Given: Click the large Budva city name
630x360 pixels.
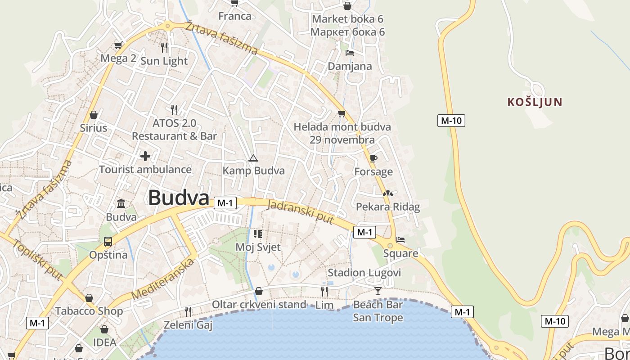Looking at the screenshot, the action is click(179, 198).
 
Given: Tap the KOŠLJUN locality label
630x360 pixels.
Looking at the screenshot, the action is click(535, 102).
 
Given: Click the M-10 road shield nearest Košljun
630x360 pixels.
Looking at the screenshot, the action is click(451, 121).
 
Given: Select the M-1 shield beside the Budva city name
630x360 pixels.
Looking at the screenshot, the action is click(225, 203).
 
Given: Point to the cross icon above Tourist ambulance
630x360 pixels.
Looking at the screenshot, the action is click(145, 156).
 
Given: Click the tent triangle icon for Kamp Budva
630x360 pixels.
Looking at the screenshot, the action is click(253, 158).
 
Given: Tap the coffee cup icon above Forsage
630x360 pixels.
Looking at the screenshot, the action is click(373, 158).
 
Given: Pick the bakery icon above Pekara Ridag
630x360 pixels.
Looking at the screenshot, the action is click(387, 193).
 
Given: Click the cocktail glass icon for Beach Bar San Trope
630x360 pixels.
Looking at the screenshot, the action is click(378, 291).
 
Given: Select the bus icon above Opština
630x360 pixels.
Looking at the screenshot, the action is click(108, 242).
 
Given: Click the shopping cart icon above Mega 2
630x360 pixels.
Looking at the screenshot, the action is click(118, 45).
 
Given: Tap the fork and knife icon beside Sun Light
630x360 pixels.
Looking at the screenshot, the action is click(164, 47).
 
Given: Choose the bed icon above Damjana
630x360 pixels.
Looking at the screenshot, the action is click(349, 53).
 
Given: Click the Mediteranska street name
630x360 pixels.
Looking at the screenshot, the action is click(164, 279).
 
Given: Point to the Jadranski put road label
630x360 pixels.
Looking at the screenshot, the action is click(300, 212).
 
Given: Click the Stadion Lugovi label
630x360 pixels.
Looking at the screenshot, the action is click(364, 273).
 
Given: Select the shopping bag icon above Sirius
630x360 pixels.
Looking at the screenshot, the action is click(94, 115).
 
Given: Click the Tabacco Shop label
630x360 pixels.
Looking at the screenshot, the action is click(89, 311).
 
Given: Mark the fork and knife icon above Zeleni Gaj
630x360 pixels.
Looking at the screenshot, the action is click(188, 311).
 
